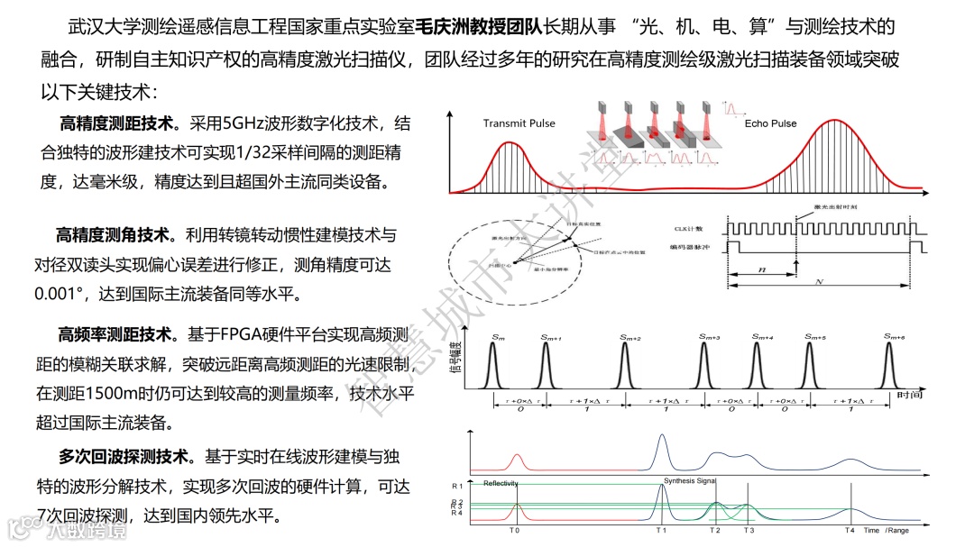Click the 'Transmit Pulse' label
[x=519, y=123]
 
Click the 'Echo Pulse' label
[x=770, y=123]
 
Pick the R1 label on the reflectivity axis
[x=457, y=486]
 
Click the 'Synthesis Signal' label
[x=689, y=481]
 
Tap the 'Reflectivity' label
[x=501, y=484]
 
